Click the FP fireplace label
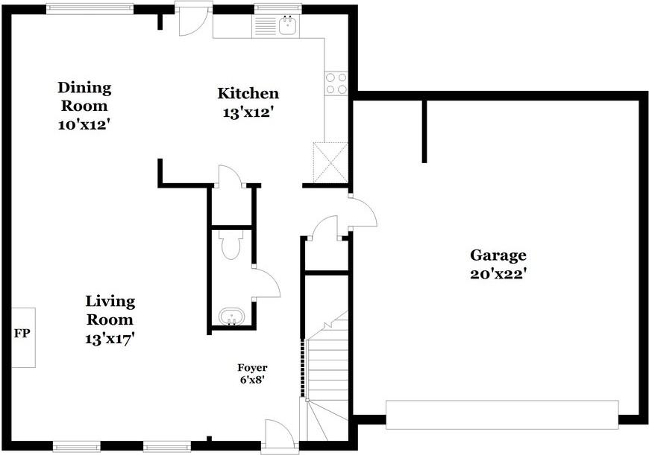[x=22, y=334]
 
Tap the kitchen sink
[x=288, y=25]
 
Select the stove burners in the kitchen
[x=336, y=83]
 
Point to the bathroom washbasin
[x=231, y=316]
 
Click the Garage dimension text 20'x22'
[x=498, y=273]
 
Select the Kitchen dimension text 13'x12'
[x=248, y=112]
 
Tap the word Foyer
[x=252, y=368]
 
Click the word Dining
[x=84, y=88]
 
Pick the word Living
[x=110, y=302]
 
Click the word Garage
[x=498, y=255]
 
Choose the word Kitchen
[x=248, y=93]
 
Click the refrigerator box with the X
[x=330, y=162]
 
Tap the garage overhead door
[x=503, y=415]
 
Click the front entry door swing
[x=280, y=433]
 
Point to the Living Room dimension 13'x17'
[x=110, y=340]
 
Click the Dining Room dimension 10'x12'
[x=84, y=125]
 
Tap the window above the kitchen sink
[x=278, y=7]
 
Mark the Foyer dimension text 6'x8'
[x=252, y=379]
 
